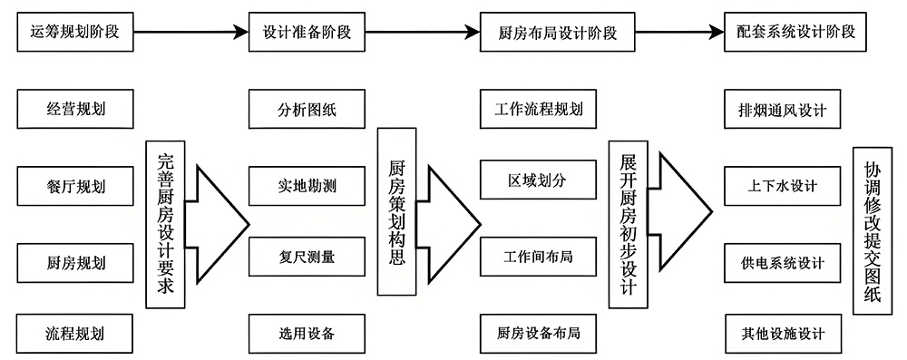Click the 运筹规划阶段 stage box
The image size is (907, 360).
(75, 34)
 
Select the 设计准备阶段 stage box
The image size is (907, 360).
(307, 34)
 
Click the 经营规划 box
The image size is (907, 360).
(75, 112)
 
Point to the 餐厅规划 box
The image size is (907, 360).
(75, 187)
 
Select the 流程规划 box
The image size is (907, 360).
(75, 333)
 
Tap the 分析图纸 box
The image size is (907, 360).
(307, 112)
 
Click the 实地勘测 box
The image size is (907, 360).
(307, 187)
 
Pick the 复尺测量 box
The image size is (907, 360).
(307, 257)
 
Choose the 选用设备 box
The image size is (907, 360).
(307, 333)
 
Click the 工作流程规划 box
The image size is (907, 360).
(538, 112)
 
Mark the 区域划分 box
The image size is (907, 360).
(538, 180)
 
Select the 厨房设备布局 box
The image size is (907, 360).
(538, 333)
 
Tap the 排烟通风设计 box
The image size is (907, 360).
(782, 112)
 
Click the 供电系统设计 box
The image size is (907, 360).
(782, 263)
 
